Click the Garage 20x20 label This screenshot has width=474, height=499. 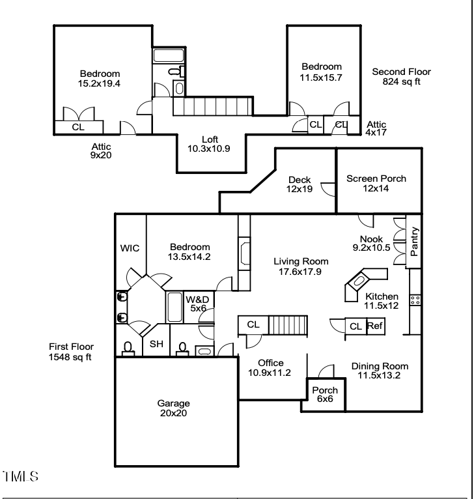173,408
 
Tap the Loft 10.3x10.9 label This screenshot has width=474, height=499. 209,144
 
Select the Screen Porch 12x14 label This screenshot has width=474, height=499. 376,184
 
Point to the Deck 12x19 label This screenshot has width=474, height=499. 300,185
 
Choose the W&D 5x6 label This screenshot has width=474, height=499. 198,304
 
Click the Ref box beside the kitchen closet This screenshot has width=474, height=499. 375,326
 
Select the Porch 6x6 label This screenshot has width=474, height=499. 324,395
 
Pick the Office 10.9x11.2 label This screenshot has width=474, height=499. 270,368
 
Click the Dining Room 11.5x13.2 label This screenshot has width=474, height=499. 380,371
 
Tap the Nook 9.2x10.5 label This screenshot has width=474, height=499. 371,243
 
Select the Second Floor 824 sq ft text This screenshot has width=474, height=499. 401,77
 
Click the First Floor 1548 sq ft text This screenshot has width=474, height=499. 70,352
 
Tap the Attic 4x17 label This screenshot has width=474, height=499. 376,128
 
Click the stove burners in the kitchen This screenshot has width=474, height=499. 414,300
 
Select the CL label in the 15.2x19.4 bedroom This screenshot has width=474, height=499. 77,128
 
